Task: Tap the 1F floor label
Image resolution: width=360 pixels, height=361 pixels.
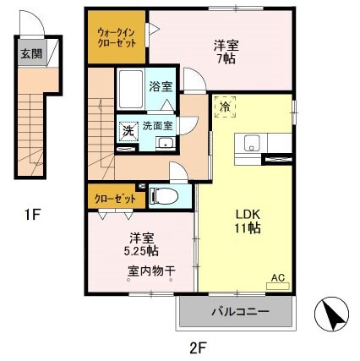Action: (x=33, y=215)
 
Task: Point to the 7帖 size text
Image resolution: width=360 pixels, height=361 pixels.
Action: (x=224, y=59)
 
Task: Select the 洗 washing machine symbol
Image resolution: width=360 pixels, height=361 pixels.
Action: (x=127, y=132)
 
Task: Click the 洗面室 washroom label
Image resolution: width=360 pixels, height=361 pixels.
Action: (x=157, y=125)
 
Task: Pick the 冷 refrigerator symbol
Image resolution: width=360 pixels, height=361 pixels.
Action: (x=224, y=108)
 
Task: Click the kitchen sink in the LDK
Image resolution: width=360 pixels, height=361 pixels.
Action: (x=250, y=143)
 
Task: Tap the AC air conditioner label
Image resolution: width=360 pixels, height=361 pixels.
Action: (x=278, y=276)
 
